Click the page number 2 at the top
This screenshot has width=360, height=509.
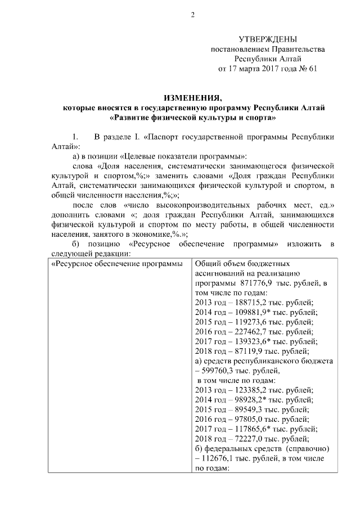pyautogui.click(x=192, y=15)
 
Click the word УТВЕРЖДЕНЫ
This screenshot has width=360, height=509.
pyautogui.click(x=268, y=39)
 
